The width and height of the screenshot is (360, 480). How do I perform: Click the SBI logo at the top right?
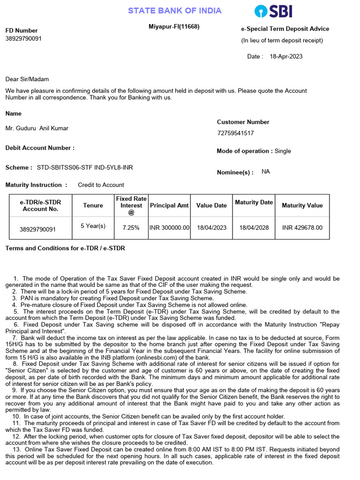(273, 11)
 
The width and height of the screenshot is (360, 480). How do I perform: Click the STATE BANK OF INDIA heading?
(175, 11)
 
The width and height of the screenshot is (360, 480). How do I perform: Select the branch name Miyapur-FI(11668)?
(174, 27)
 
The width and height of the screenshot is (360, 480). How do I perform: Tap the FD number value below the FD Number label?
(23, 38)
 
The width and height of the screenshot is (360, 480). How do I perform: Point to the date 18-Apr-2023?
(286, 57)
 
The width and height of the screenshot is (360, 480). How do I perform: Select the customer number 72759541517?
(235, 133)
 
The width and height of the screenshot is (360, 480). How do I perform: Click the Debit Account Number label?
(40, 148)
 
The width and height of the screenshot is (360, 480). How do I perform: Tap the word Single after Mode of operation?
(283, 151)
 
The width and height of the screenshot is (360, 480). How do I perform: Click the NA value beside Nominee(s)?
(266, 172)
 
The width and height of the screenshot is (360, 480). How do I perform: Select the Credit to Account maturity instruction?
(101, 185)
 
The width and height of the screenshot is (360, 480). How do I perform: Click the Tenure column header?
(93, 205)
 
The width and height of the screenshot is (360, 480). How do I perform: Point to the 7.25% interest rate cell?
(131, 228)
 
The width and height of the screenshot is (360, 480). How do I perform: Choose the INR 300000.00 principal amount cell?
(169, 228)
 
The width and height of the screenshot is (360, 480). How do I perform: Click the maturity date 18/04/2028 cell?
(254, 228)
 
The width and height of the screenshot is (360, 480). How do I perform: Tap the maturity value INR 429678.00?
(302, 228)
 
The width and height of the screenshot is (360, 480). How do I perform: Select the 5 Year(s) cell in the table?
(93, 226)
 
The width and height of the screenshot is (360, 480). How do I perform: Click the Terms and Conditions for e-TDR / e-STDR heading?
(65, 248)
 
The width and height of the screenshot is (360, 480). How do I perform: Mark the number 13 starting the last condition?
(16, 450)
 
